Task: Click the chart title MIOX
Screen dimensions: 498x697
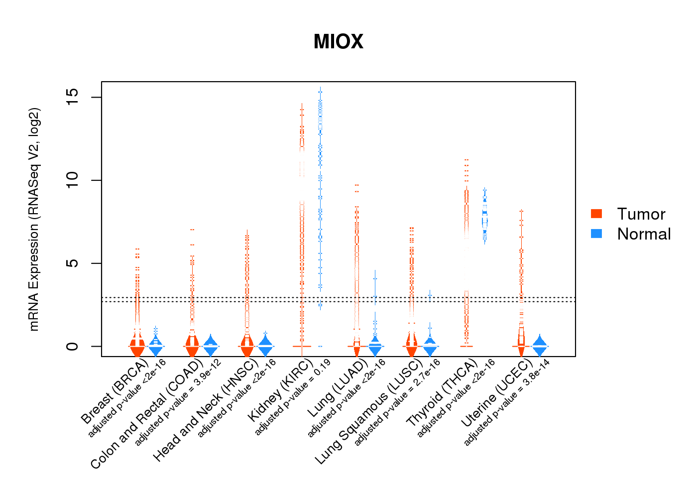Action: [339, 42]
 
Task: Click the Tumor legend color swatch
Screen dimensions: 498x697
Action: [596, 214]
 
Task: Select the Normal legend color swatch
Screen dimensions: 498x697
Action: [596, 234]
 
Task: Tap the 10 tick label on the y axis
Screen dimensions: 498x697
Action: [72, 180]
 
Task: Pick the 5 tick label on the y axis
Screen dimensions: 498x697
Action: [72, 263]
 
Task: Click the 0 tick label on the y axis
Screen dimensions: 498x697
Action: [72, 346]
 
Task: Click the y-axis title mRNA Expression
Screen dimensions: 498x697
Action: [34, 219]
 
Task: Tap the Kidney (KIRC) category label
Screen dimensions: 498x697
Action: [281, 390]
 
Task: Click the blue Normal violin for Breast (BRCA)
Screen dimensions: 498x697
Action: [156, 345]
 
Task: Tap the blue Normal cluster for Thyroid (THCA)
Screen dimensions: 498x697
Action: [484, 217]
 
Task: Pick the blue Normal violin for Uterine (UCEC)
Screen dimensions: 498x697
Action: [540, 345]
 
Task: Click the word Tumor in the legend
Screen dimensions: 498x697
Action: [641, 214]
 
